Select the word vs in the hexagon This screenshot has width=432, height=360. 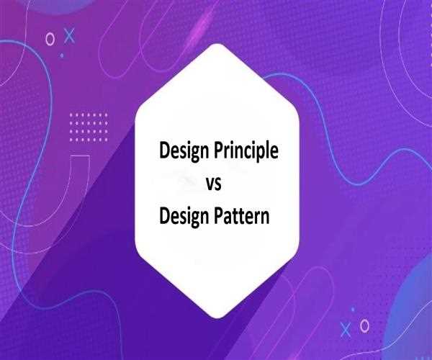click(x=214, y=184)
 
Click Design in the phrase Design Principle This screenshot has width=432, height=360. click(x=181, y=152)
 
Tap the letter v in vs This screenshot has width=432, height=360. click(x=210, y=184)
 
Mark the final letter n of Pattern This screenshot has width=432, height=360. click(x=264, y=216)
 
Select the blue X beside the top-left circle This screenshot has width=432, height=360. click(x=68, y=34)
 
